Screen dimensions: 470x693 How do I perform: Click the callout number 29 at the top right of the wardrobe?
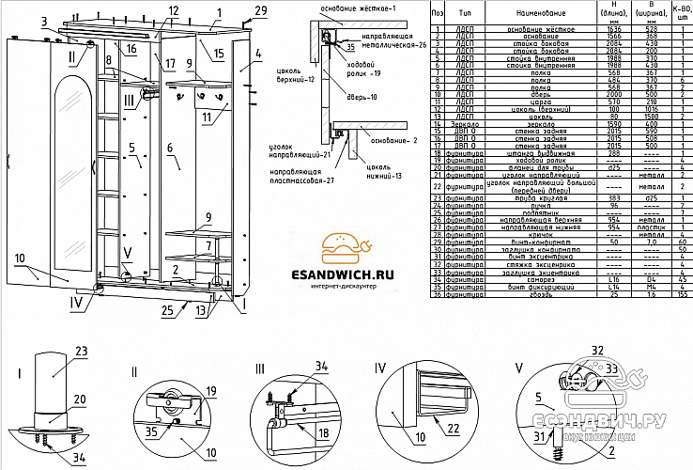(x=260, y=10)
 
